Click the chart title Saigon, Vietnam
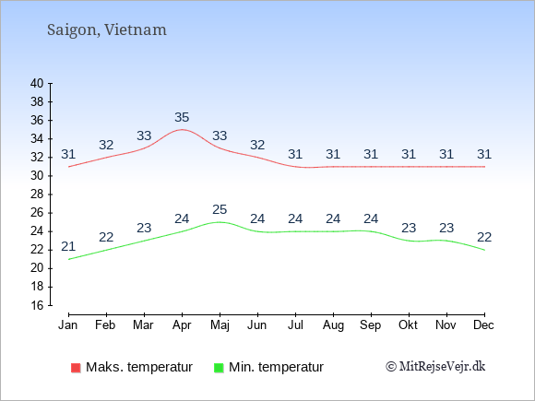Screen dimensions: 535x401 [107, 30]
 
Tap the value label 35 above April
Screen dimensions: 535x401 [182, 117]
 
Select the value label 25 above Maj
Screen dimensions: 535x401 [220, 209]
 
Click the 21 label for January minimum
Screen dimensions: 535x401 [68, 246]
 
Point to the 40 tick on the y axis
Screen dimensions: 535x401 [37, 83]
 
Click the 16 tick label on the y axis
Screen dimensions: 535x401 [37, 305]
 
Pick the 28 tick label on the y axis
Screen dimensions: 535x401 [37, 195]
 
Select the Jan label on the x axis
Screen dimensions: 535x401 [68, 325]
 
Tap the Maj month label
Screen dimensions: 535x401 [220, 325]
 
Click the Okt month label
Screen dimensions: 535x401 [408, 325]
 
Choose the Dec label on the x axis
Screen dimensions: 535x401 [484, 325]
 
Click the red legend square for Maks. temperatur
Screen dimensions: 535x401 [76, 368]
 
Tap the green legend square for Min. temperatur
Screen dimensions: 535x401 [219, 368]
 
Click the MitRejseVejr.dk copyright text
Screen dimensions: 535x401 [435, 367]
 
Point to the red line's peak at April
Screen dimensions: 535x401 [182, 130]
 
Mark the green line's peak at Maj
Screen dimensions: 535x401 [220, 222]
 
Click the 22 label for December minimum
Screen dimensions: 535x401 [484, 237]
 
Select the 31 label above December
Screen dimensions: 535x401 [484, 154]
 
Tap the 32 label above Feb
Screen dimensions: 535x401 [106, 145]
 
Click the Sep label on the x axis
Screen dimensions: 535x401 [371, 325]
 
